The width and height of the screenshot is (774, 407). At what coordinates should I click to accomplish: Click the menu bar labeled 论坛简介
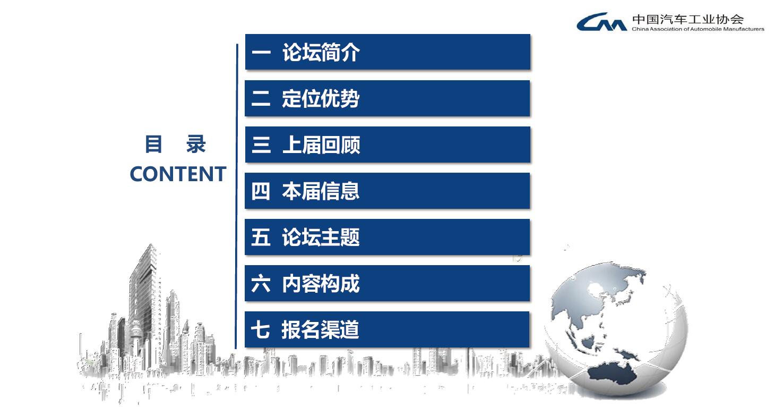pyautogui.click(x=388, y=52)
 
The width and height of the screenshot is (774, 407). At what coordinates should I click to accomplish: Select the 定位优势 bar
pyautogui.click(x=388, y=98)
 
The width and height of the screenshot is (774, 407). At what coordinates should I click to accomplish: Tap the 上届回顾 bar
pyautogui.click(x=388, y=145)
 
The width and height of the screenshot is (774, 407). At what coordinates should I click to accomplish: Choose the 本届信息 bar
pyautogui.click(x=388, y=191)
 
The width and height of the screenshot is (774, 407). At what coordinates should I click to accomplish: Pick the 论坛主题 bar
pyautogui.click(x=388, y=237)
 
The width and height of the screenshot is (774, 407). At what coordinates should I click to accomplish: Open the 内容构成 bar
pyautogui.click(x=388, y=283)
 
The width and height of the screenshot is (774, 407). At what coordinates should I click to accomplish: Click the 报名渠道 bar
pyautogui.click(x=387, y=329)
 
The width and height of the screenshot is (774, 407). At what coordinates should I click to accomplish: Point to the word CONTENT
pyautogui.click(x=178, y=174)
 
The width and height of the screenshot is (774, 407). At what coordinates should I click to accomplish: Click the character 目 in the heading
pyautogui.click(x=153, y=144)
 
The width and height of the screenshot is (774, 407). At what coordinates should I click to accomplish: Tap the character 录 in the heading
pyautogui.click(x=196, y=144)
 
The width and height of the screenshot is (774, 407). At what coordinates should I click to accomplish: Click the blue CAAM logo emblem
pyautogui.click(x=601, y=22)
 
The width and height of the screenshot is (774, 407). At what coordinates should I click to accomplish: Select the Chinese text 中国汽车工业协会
pyautogui.click(x=688, y=19)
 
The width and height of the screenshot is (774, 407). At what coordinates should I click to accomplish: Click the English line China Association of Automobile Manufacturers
pyautogui.click(x=698, y=29)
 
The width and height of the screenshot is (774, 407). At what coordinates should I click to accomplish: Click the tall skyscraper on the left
pyautogui.click(x=145, y=298)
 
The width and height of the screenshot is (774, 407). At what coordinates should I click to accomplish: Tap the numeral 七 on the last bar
pyautogui.click(x=260, y=329)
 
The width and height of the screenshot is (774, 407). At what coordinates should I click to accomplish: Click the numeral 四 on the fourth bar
pyautogui.click(x=261, y=191)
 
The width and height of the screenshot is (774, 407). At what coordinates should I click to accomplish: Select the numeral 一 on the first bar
pyautogui.click(x=261, y=53)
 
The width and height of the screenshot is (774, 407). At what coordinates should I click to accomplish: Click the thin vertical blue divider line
pyautogui.click(x=237, y=196)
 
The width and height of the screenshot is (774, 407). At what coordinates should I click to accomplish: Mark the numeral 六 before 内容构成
pyautogui.click(x=261, y=283)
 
